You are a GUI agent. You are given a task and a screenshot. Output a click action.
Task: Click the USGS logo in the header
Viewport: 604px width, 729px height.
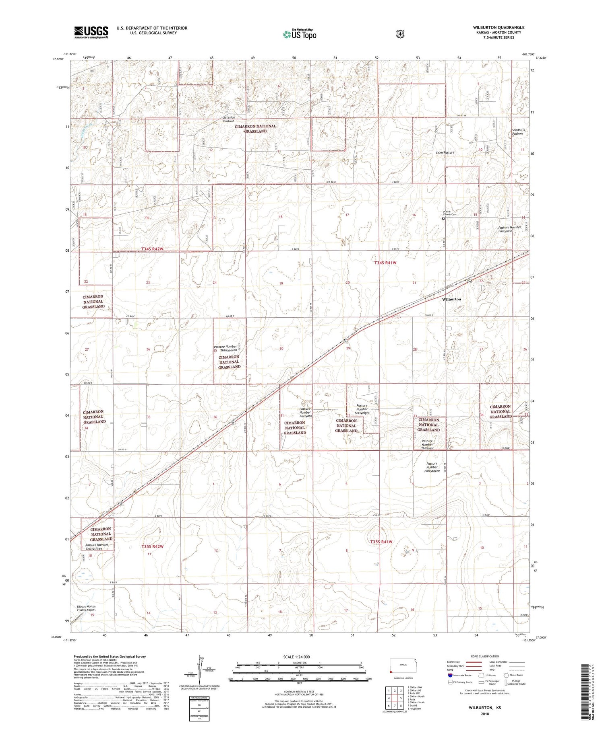[91, 32]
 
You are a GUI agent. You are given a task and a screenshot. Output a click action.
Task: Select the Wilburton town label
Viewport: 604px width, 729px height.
[451, 299]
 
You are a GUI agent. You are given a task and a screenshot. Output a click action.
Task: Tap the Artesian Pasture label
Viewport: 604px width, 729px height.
[229, 119]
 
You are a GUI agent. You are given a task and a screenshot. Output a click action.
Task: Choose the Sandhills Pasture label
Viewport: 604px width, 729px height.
[518, 131]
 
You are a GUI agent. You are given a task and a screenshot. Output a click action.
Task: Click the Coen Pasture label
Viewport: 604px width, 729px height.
[445, 152]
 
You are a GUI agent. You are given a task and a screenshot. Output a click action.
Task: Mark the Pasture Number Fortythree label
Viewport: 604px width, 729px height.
[432, 467]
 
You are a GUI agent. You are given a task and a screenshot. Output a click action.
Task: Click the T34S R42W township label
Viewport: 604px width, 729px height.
[152, 249]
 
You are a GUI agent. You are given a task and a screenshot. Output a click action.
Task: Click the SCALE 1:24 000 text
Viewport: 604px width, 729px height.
[299, 657]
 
